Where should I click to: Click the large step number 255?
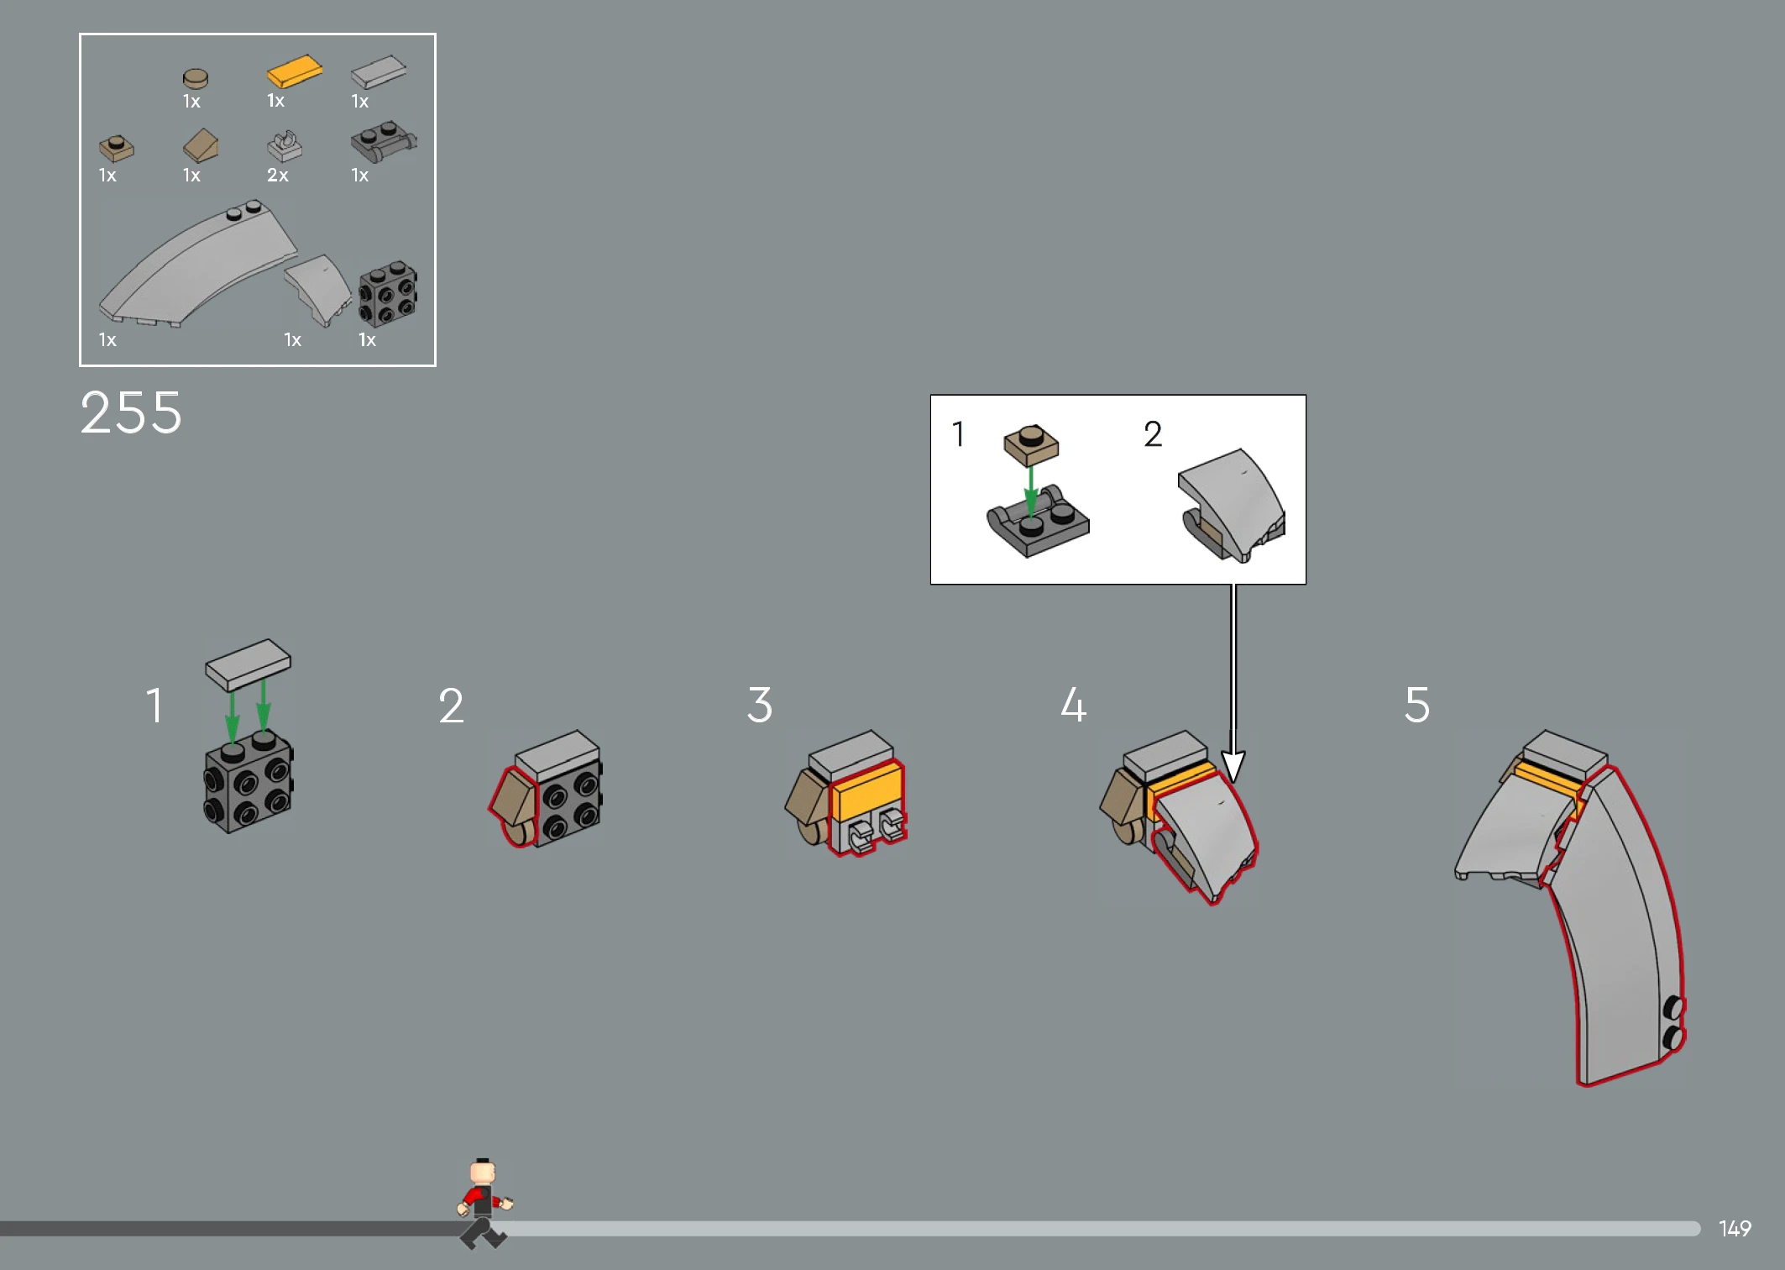[131, 412]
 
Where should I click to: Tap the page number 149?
[1735, 1229]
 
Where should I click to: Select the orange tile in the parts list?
[295, 71]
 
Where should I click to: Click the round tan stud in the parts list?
[196, 78]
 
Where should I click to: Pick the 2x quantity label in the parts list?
[277, 175]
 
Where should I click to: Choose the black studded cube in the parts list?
[388, 293]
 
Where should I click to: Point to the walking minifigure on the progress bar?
[484, 1203]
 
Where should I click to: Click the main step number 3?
[759, 704]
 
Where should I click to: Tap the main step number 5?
[1416, 704]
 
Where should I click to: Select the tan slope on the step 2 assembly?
[514, 797]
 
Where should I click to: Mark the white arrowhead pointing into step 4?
[1233, 766]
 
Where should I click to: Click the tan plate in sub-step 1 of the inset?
[1031, 445]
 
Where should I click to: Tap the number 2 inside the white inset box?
[1153, 434]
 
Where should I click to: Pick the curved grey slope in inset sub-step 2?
[1232, 504]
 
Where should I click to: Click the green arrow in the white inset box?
[1031, 492]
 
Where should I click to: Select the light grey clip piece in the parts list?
[285, 146]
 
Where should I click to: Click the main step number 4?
[1073, 704]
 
